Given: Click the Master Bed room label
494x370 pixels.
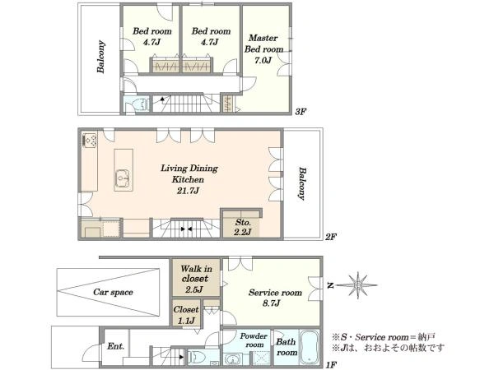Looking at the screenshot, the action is (x=263, y=44).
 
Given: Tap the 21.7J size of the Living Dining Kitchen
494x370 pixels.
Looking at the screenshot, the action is (x=188, y=191).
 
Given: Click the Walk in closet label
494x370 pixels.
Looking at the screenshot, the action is (x=196, y=274).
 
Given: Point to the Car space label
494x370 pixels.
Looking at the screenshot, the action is (x=113, y=292).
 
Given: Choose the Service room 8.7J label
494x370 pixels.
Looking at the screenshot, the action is (x=275, y=298).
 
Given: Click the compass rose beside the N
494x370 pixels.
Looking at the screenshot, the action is (x=358, y=285).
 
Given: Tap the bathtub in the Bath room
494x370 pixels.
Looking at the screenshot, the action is (x=309, y=347).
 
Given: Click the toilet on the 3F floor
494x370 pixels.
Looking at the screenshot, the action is (x=141, y=104).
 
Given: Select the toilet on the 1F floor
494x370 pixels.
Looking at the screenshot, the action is (x=198, y=358).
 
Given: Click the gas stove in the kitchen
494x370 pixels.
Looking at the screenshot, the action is (x=90, y=140).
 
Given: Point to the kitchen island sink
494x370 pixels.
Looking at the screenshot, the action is (x=123, y=179).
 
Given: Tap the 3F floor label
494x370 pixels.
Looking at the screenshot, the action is (x=301, y=111).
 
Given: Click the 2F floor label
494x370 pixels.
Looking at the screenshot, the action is (x=331, y=237).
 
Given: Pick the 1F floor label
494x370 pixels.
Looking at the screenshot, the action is (x=331, y=365).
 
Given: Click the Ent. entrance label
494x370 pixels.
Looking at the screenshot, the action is (x=115, y=346).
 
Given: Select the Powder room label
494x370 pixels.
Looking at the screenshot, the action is (x=254, y=340).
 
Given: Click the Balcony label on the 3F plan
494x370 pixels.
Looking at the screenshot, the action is (x=100, y=57).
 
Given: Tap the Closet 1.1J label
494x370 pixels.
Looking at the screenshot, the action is (x=186, y=315).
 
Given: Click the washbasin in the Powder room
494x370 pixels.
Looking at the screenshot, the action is (x=233, y=359).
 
